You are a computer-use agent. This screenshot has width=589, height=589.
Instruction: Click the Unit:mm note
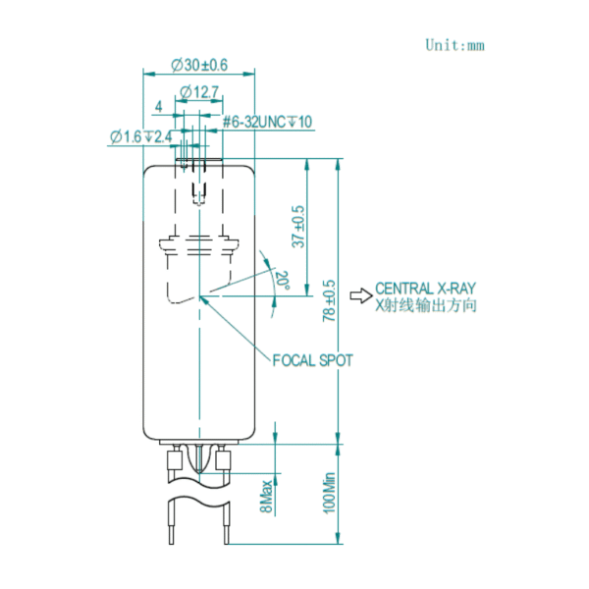pos(455,44)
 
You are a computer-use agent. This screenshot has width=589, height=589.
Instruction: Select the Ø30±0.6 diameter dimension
pos(199,65)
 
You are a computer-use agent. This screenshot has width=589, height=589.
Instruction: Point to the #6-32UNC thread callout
pos(267,122)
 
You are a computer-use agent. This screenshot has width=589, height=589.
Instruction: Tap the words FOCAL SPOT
pos(312,361)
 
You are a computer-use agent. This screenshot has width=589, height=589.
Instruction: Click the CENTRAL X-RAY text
pos(427,289)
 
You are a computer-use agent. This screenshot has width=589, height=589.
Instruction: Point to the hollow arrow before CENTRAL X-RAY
pos(361,291)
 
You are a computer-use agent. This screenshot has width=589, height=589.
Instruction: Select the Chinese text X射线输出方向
pos(427,305)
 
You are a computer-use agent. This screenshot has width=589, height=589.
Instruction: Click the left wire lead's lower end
pos(173,542)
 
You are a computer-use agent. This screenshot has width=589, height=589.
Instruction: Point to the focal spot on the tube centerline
pos(198,295)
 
